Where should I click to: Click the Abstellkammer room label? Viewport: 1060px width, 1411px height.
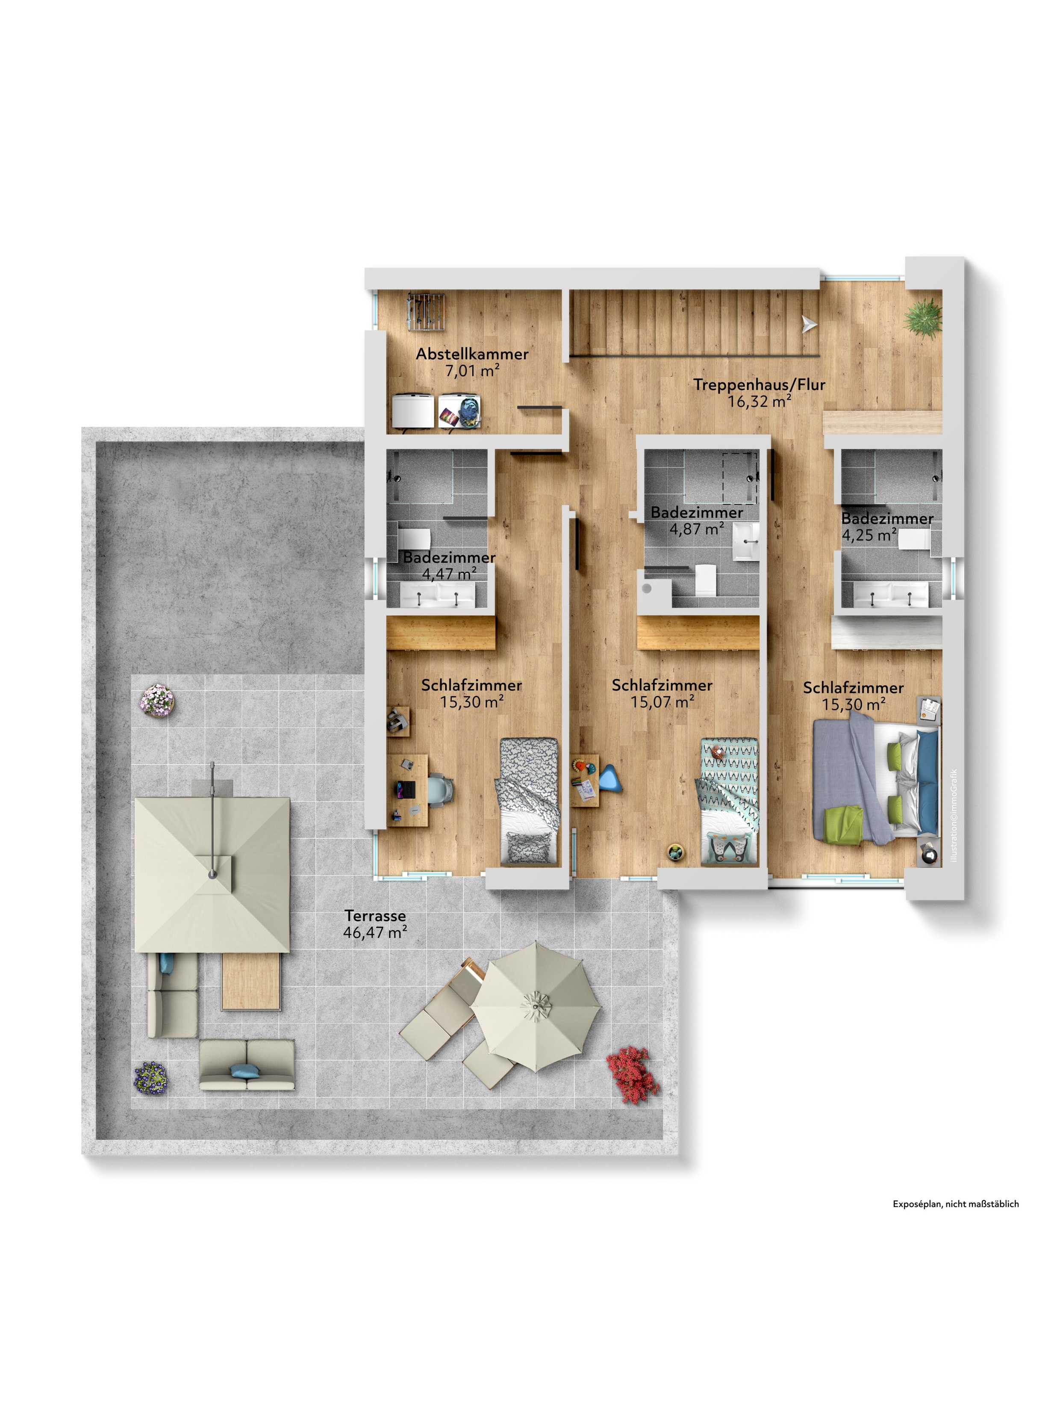click(472, 354)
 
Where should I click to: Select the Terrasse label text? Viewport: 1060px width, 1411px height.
click(375, 916)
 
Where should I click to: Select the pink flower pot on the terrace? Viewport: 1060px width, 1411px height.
click(157, 701)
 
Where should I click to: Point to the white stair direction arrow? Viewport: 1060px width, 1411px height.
click(809, 325)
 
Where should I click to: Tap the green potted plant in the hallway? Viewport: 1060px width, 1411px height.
click(922, 317)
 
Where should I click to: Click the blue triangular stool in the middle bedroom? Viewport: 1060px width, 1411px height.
click(609, 779)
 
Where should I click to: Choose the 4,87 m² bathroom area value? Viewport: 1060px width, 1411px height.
click(697, 529)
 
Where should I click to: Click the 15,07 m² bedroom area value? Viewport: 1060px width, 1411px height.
click(662, 702)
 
